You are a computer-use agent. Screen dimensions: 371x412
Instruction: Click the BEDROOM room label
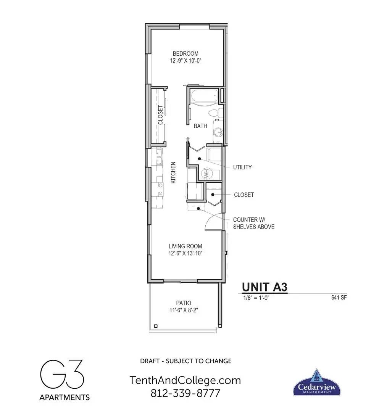point(185,54)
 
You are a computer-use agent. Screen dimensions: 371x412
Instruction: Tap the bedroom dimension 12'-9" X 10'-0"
point(185,61)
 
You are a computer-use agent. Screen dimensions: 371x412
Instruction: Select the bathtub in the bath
point(205,97)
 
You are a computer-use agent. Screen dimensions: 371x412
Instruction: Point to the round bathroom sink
point(218,132)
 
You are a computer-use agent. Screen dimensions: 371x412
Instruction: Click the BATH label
point(200,126)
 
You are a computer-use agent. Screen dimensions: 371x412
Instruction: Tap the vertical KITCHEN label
point(173,173)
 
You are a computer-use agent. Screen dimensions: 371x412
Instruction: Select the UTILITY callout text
point(242,167)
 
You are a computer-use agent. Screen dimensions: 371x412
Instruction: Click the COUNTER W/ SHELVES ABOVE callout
point(253,223)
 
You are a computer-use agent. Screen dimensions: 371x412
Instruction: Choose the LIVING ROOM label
point(185,246)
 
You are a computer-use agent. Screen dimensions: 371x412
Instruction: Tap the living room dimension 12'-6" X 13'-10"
point(185,254)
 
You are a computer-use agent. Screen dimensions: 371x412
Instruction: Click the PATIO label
point(184,303)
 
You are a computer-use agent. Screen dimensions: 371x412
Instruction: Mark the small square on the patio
point(156,326)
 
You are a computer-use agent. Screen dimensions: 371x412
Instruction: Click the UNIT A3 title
point(265,287)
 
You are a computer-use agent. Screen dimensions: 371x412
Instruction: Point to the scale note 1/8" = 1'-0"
point(256,298)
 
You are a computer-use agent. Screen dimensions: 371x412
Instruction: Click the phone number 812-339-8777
point(185,393)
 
